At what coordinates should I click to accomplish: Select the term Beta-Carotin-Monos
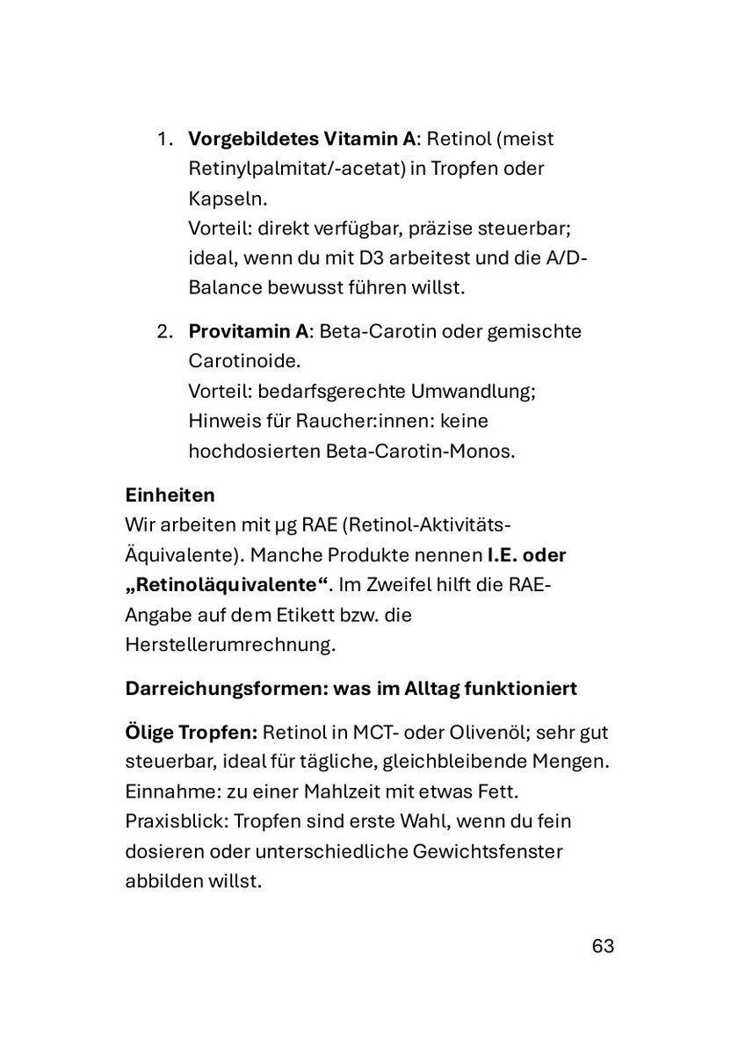point(394,451)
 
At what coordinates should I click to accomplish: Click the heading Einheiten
point(170,495)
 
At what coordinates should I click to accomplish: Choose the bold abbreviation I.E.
point(503,555)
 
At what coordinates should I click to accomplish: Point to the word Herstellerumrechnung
point(231,645)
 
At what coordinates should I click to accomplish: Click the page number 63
point(603,946)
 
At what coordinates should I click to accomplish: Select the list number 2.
point(164,332)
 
